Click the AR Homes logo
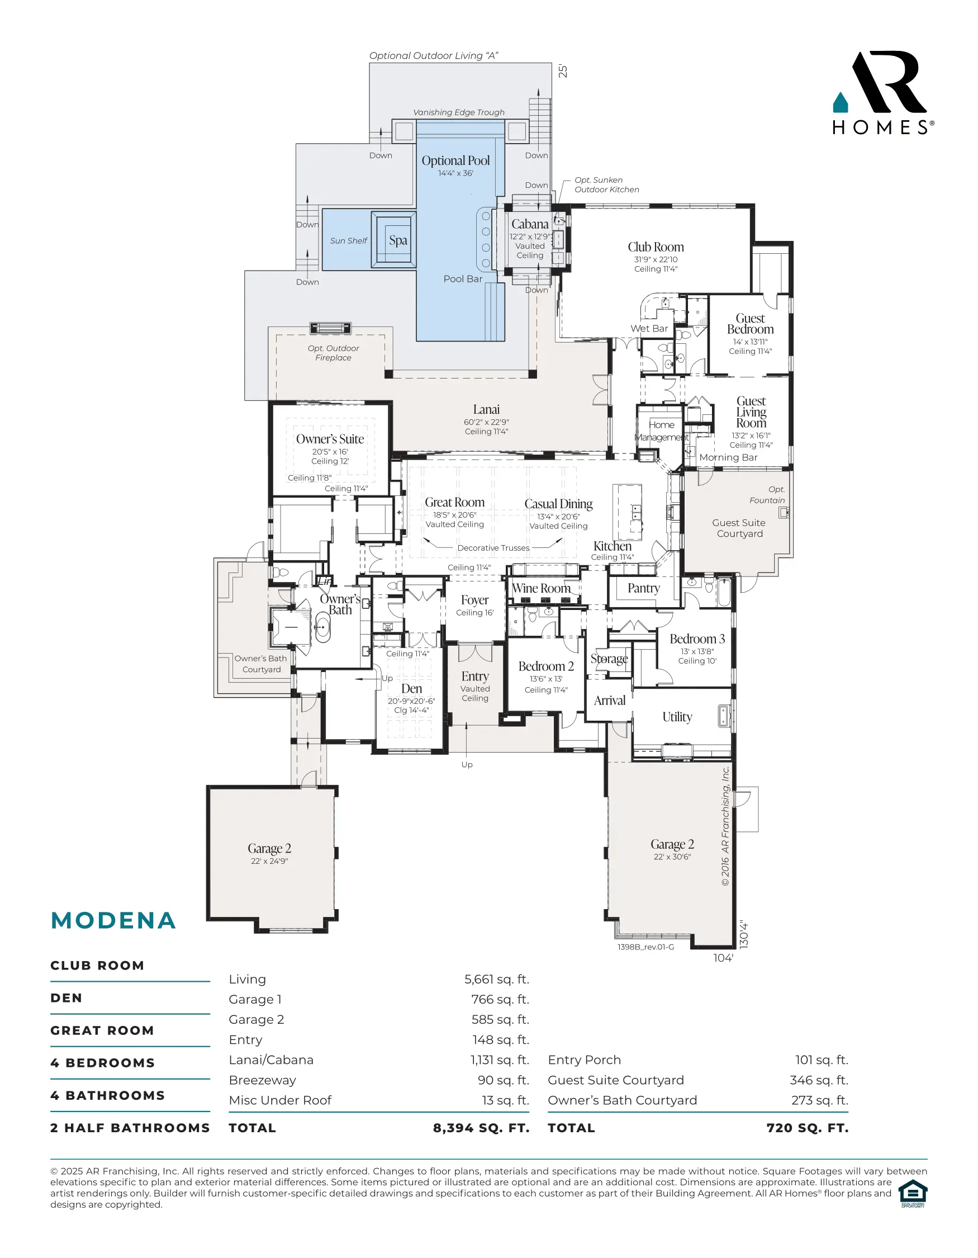pyautogui.click(x=883, y=93)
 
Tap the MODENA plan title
pyautogui.click(x=113, y=920)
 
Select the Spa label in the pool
pyautogui.click(x=398, y=240)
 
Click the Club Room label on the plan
pyautogui.click(x=656, y=247)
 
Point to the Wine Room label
pyautogui.click(x=541, y=588)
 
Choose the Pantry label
pyautogui.click(x=644, y=588)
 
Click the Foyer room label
pyautogui.click(x=474, y=600)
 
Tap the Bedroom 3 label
pyautogui.click(x=697, y=639)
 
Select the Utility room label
pyautogui.click(x=677, y=717)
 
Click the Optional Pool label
pyautogui.click(x=455, y=160)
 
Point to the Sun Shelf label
pyautogui.click(x=348, y=241)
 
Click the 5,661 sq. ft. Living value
pyautogui.click(x=497, y=979)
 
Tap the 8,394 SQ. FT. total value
pyautogui.click(x=481, y=1128)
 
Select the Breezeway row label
pyautogui.click(x=263, y=1080)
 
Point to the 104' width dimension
pyautogui.click(x=723, y=958)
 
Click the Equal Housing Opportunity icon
pyautogui.click(x=913, y=1194)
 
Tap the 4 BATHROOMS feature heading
pyautogui.click(x=108, y=1095)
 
